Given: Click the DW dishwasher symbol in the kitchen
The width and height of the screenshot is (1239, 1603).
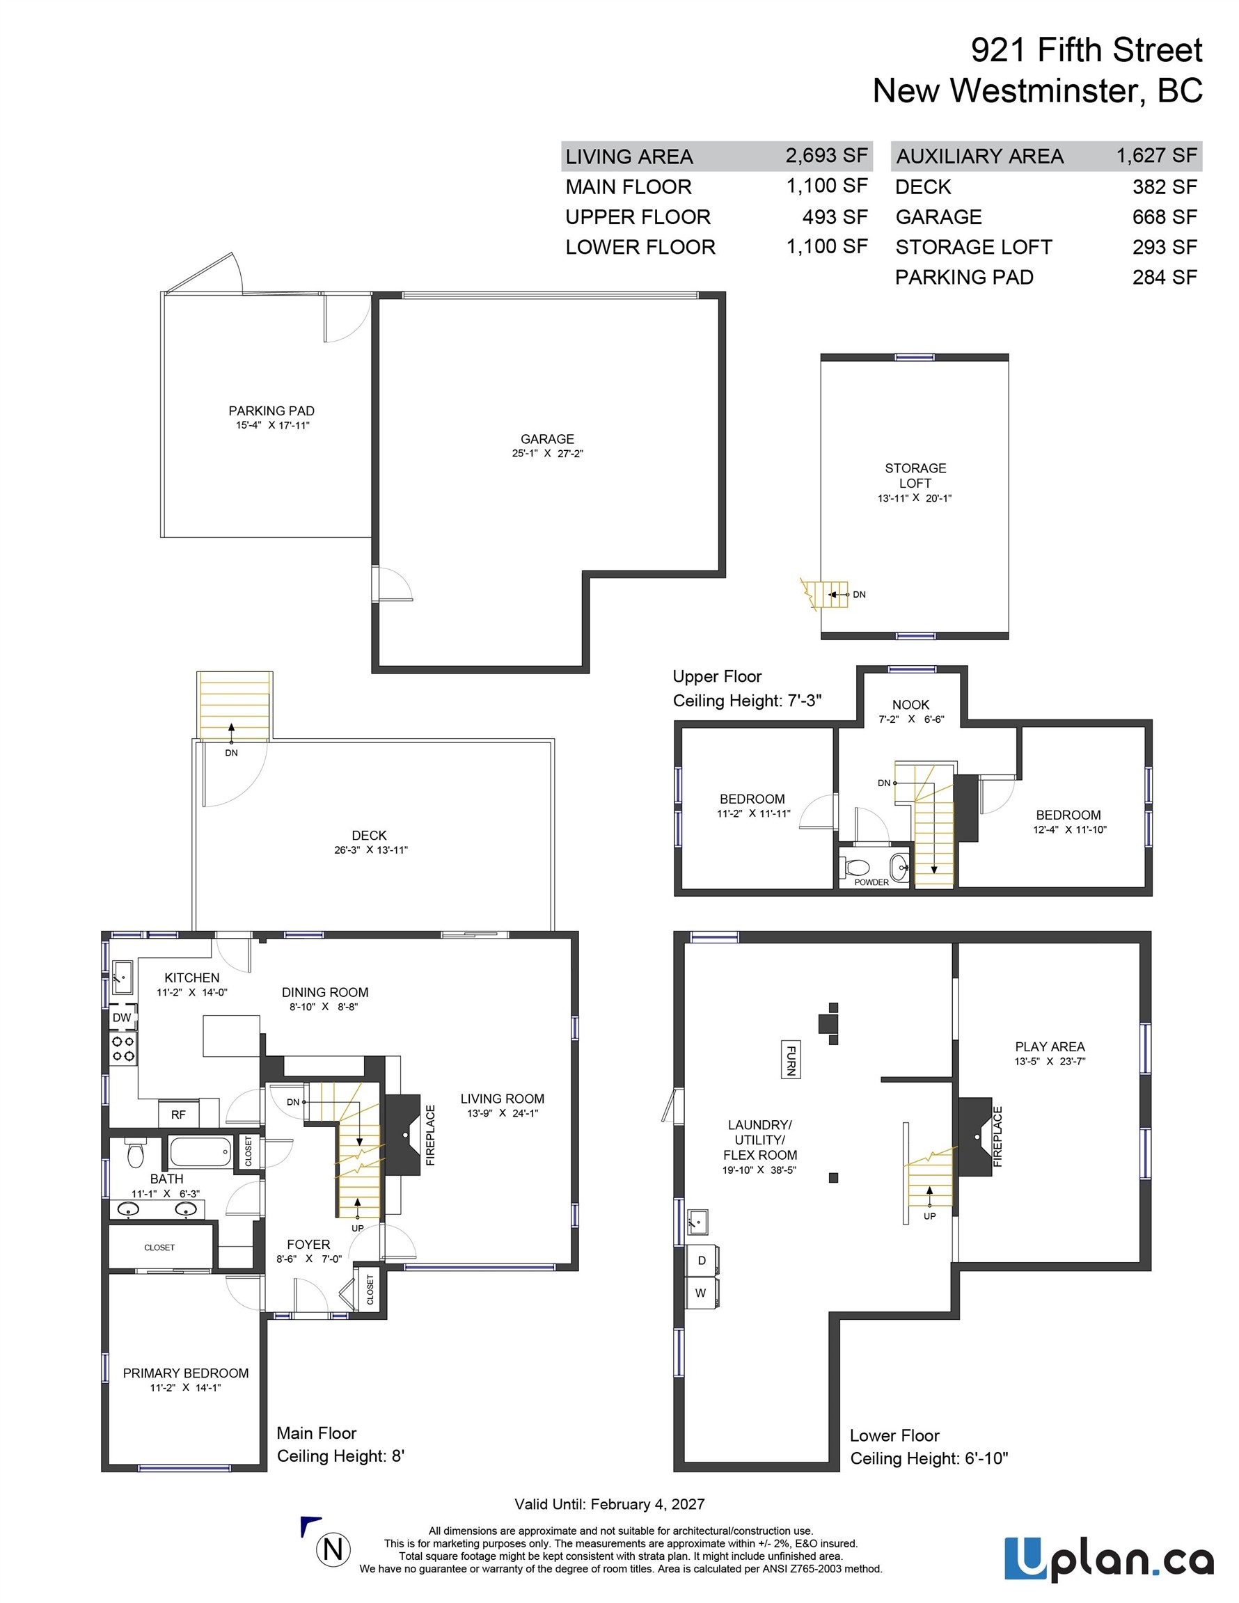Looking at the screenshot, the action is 122,1017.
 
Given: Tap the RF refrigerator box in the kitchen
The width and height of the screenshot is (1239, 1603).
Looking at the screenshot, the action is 178,1114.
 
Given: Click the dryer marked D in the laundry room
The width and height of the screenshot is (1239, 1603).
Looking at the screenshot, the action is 702,1260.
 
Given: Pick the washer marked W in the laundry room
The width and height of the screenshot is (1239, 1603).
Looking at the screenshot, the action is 702,1293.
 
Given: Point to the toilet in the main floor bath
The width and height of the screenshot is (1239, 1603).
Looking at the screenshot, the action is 135,1153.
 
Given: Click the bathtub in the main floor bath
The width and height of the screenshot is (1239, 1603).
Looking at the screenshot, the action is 200,1151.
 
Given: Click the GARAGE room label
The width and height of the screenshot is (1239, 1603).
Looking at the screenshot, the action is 547,439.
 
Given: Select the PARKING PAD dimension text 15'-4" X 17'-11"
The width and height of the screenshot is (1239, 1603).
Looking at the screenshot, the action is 272,425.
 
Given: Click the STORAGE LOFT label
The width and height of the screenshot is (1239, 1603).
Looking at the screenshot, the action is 915,476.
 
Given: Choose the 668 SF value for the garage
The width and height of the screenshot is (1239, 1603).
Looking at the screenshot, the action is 1165,216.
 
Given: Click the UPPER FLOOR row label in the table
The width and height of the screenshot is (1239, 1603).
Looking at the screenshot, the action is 638,217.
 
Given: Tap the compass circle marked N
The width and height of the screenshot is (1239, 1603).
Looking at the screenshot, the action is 333,1549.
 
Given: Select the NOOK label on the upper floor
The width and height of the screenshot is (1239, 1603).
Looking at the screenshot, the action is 910,705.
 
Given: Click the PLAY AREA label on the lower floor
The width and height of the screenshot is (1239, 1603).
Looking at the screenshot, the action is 1050,1046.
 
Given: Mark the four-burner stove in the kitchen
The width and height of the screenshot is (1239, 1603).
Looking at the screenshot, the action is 123,1049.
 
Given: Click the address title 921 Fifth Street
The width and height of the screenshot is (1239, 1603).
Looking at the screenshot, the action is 1087,50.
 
